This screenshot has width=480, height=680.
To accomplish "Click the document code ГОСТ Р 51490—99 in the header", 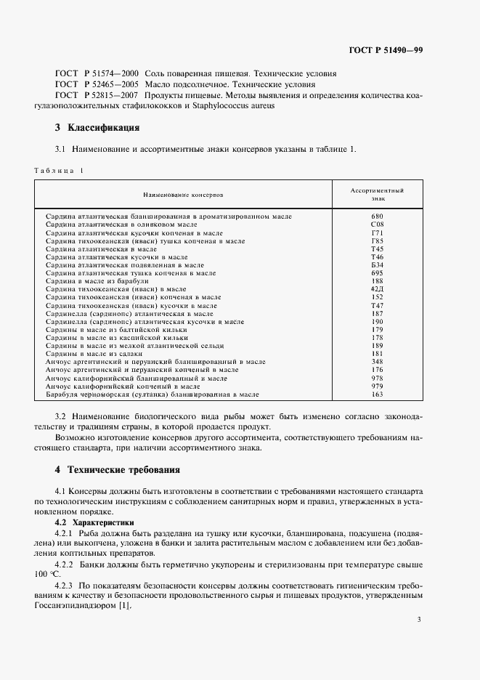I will pos(386,50).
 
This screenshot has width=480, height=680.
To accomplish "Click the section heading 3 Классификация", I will pos(97,129).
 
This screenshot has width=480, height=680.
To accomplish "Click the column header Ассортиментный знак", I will pos(377,193).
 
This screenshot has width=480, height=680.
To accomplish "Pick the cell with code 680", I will pos(377,216).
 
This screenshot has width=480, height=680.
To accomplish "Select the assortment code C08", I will pos(377,224).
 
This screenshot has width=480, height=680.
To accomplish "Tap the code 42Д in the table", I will pos(377,288).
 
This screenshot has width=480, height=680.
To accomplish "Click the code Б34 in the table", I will pos(377,264).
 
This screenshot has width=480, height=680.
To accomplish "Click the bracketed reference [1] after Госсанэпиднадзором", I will pos(124,587).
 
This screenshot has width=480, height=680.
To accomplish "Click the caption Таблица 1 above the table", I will pos(59,170).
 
